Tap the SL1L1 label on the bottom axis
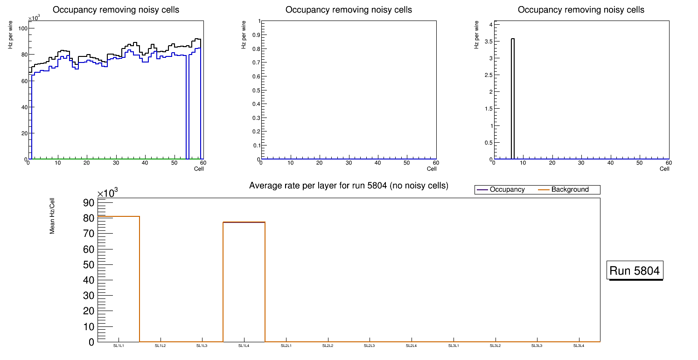pos(119,346)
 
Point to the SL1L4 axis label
pos(244,346)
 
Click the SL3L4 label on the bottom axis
pos(579,346)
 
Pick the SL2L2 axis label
pos(328,346)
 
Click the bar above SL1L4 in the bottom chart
pos(244,280)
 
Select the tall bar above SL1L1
pos(119,280)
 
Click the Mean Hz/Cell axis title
pos(52,216)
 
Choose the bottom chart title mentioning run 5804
pos(349,186)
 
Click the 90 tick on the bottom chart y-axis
pos(89,202)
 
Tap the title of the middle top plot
pos(349,9)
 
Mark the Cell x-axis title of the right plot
pos(664,169)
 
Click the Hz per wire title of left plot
pos(10,35)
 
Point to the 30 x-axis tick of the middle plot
pos(349,163)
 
